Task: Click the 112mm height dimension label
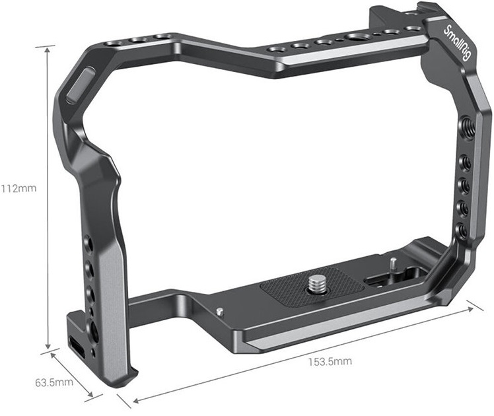coord(18,188)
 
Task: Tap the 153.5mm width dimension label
coord(330,361)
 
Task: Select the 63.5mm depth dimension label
coord(54,382)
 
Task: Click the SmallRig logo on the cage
coord(457,42)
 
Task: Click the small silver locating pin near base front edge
coord(220,312)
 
